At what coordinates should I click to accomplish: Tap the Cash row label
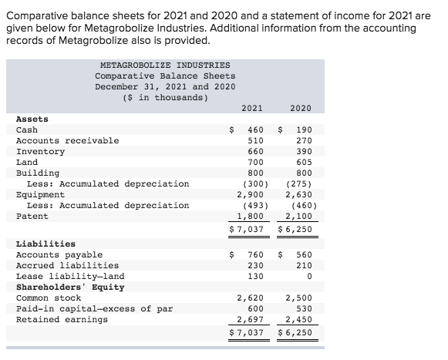(x=27, y=130)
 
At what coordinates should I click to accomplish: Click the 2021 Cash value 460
(x=255, y=130)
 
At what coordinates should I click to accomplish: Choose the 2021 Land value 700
(x=255, y=163)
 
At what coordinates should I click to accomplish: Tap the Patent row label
(x=32, y=217)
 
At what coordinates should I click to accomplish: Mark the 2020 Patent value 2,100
(x=298, y=217)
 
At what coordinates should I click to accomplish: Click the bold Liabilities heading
(x=45, y=244)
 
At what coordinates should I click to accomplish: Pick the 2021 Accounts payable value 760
(x=255, y=255)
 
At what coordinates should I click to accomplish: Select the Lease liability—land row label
(x=70, y=277)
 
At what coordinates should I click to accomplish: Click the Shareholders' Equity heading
(x=67, y=288)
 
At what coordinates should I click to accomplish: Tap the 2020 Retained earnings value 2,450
(x=298, y=320)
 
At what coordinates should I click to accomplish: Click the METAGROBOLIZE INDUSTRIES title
(x=165, y=66)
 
